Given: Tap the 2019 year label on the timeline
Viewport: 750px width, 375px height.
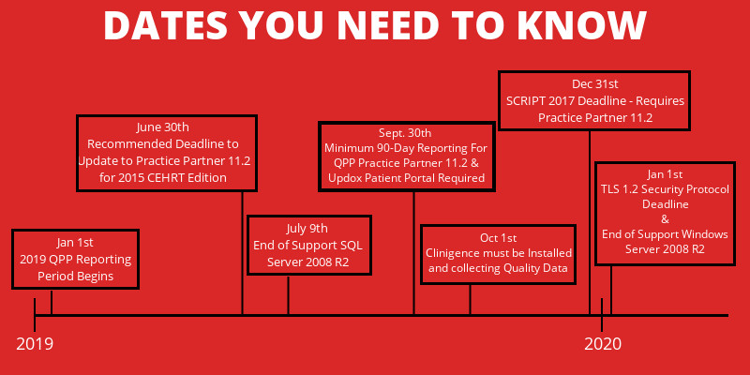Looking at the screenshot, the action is [x=35, y=344].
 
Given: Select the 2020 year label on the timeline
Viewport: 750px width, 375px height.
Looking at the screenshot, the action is [x=603, y=344].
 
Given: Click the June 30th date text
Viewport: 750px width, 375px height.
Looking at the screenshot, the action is [x=162, y=127].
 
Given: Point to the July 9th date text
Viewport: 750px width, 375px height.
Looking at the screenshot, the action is [x=307, y=229].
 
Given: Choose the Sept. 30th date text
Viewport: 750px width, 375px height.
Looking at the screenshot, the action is [x=405, y=132].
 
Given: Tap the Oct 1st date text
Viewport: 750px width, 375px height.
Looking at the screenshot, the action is [x=499, y=238].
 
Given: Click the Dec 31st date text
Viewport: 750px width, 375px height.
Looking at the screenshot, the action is [x=595, y=84].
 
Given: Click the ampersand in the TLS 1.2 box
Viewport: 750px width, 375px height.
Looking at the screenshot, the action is [x=665, y=219].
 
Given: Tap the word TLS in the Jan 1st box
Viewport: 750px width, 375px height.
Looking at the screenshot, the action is [x=609, y=189].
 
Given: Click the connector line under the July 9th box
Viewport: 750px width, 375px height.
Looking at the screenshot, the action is [x=288, y=295].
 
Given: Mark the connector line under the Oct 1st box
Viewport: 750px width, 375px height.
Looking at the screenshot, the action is [x=470, y=300].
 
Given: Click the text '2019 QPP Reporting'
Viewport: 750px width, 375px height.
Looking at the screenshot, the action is [x=76, y=261].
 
